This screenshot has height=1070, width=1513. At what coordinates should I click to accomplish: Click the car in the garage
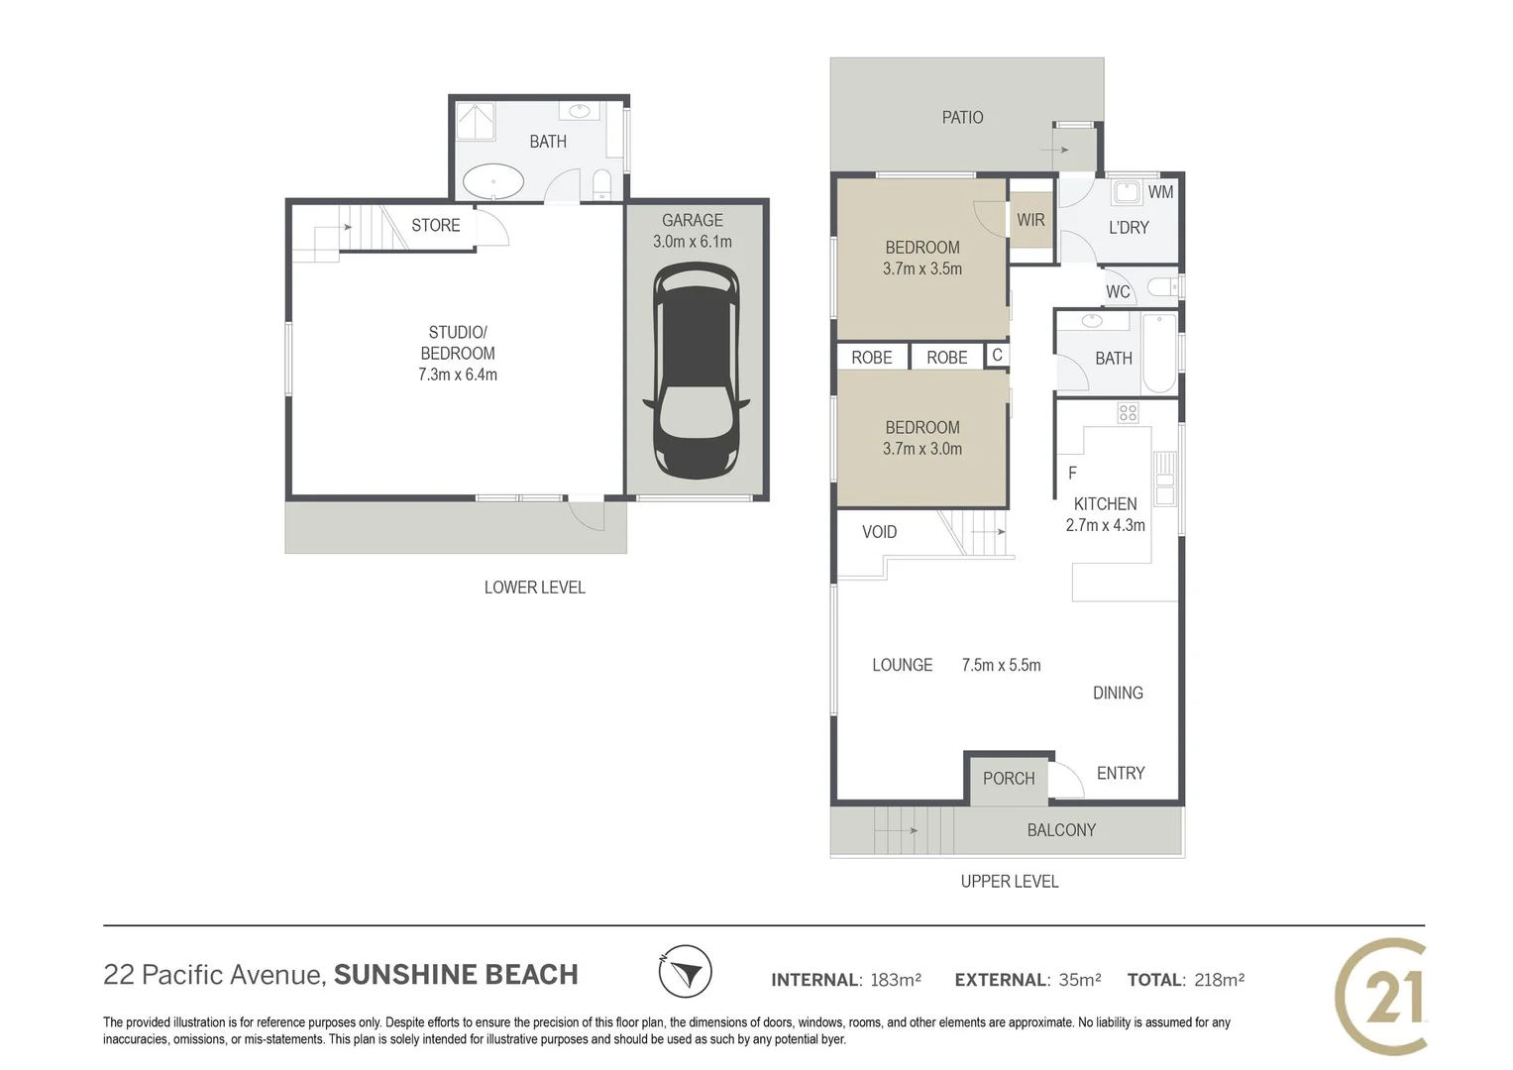coord(696,371)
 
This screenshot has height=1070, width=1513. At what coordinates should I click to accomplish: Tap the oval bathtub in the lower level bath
coord(493,182)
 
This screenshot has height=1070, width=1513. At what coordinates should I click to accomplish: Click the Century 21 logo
coord(1382,995)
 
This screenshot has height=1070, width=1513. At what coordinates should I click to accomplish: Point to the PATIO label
coord(962,118)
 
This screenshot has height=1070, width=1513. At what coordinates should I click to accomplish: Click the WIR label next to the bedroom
coord(1030,220)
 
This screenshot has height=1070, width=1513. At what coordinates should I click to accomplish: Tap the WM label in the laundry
coord(1160,192)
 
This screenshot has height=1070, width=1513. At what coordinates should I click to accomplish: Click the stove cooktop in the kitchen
coord(1128,413)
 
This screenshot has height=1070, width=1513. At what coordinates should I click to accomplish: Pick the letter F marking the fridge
coord(1072,474)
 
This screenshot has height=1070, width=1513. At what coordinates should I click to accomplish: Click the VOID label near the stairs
coord(879,532)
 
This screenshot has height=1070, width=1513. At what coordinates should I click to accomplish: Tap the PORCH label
coord(1009,779)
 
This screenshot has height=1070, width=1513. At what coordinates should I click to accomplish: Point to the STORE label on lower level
coord(436,225)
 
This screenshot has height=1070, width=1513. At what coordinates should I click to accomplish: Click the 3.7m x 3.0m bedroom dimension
coord(922,449)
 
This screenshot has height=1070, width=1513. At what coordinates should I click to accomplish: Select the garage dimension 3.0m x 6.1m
coord(693,242)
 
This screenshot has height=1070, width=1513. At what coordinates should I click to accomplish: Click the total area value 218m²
coord(1219,980)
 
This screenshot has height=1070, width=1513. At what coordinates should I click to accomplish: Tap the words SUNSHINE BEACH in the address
coord(456,975)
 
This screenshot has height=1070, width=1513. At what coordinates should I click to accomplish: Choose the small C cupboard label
coord(997,355)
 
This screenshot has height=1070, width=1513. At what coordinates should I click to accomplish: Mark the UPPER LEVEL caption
coord(1009,881)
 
